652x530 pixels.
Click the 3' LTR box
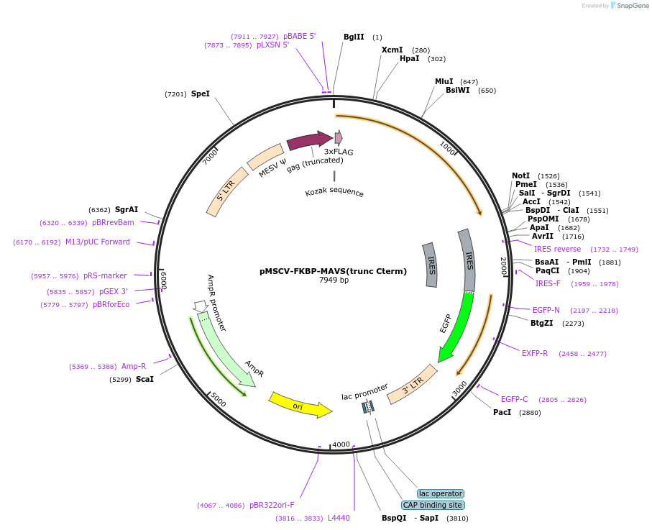[x=412, y=384]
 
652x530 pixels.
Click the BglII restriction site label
[x=354, y=37]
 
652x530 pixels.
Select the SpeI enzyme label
[x=201, y=93]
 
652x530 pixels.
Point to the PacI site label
[x=502, y=412]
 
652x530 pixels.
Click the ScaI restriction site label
[x=144, y=379]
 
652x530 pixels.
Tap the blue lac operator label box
[x=441, y=493]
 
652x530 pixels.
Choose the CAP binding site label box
[x=432, y=505]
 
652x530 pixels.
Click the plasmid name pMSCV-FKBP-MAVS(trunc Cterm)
[x=333, y=271]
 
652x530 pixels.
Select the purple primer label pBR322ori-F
[x=272, y=505]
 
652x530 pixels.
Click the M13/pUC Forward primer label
[x=98, y=242]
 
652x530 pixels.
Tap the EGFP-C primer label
[x=515, y=399]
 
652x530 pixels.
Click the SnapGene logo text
[x=630, y=6]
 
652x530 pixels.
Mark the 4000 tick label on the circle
[x=341, y=444]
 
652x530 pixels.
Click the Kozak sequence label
[x=334, y=193]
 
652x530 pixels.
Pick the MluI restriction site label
[x=444, y=81]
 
